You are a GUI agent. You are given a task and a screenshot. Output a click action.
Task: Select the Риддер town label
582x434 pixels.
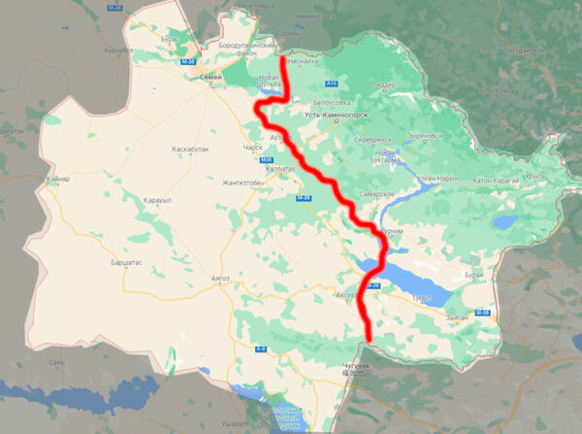383,83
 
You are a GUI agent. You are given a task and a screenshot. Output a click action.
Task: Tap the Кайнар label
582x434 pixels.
57,181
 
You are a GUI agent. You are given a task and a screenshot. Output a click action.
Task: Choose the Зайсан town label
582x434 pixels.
457,317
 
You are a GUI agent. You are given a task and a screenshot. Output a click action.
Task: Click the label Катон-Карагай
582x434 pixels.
497,181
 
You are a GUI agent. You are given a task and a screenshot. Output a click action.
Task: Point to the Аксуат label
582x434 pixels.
347,293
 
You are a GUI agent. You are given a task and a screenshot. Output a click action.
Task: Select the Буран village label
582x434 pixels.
473,275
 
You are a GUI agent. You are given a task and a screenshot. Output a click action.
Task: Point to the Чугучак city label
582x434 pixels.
357,364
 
